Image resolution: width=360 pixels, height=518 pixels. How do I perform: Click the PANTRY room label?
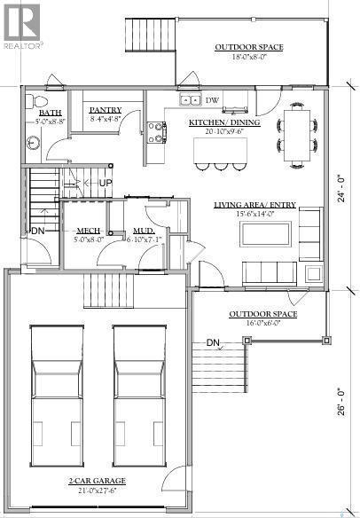click(104, 110)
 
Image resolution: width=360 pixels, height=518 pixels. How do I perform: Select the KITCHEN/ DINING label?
click(223, 122)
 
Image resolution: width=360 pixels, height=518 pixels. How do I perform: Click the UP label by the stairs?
click(105, 183)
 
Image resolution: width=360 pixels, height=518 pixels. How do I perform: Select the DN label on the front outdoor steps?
click(213, 342)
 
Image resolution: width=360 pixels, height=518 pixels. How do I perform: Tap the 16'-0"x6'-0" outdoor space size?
click(262, 324)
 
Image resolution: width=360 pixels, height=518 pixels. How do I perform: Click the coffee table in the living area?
click(264, 234)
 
